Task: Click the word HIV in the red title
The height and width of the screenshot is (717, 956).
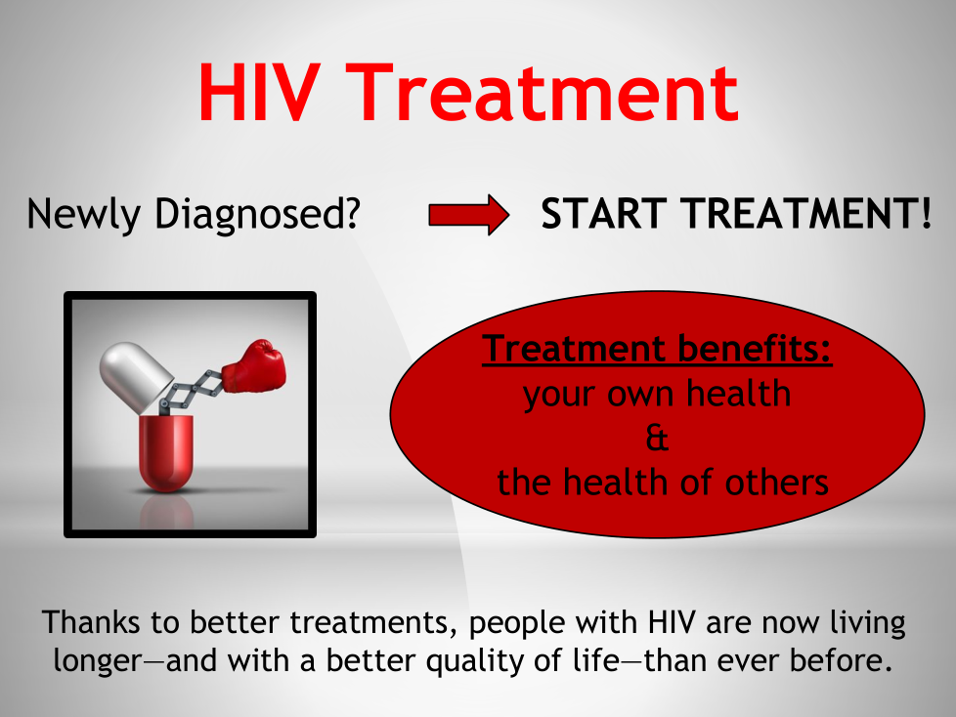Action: point(259,93)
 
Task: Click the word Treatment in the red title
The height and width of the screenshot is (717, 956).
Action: point(543,93)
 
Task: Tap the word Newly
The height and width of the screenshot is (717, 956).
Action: point(83,215)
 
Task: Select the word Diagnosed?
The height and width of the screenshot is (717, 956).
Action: point(257,215)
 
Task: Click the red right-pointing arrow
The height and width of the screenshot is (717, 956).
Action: point(469,215)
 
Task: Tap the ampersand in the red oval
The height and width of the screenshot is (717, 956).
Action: point(657,438)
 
